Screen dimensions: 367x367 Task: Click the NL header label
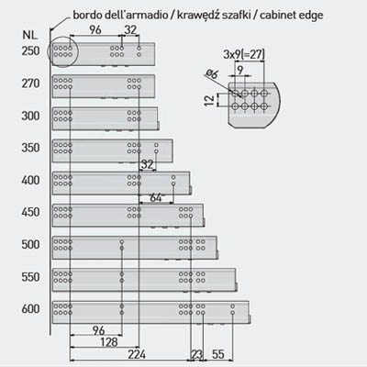(x=30, y=35)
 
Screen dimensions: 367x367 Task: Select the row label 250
(x=30, y=50)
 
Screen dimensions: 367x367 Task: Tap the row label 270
(x=30, y=83)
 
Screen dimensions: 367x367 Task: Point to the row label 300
(x=30, y=116)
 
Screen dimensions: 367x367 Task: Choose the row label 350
(x=30, y=148)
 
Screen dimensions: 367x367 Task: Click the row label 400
(x=30, y=180)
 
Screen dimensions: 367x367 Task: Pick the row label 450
(x=30, y=212)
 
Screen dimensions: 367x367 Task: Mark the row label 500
(x=30, y=244)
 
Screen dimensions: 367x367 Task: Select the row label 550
(x=30, y=277)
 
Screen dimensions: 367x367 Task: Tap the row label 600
(x=30, y=309)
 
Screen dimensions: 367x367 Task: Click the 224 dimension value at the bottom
(x=137, y=354)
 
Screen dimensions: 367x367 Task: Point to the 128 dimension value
(x=109, y=342)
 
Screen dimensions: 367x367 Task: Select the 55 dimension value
(x=218, y=354)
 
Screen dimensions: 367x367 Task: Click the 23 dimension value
(x=196, y=354)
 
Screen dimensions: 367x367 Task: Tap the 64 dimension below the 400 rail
(x=156, y=198)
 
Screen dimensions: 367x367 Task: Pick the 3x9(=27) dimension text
(x=244, y=54)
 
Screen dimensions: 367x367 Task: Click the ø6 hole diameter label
(x=212, y=73)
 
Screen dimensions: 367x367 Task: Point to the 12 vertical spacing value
(x=209, y=100)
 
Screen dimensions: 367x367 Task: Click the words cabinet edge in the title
(x=292, y=15)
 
